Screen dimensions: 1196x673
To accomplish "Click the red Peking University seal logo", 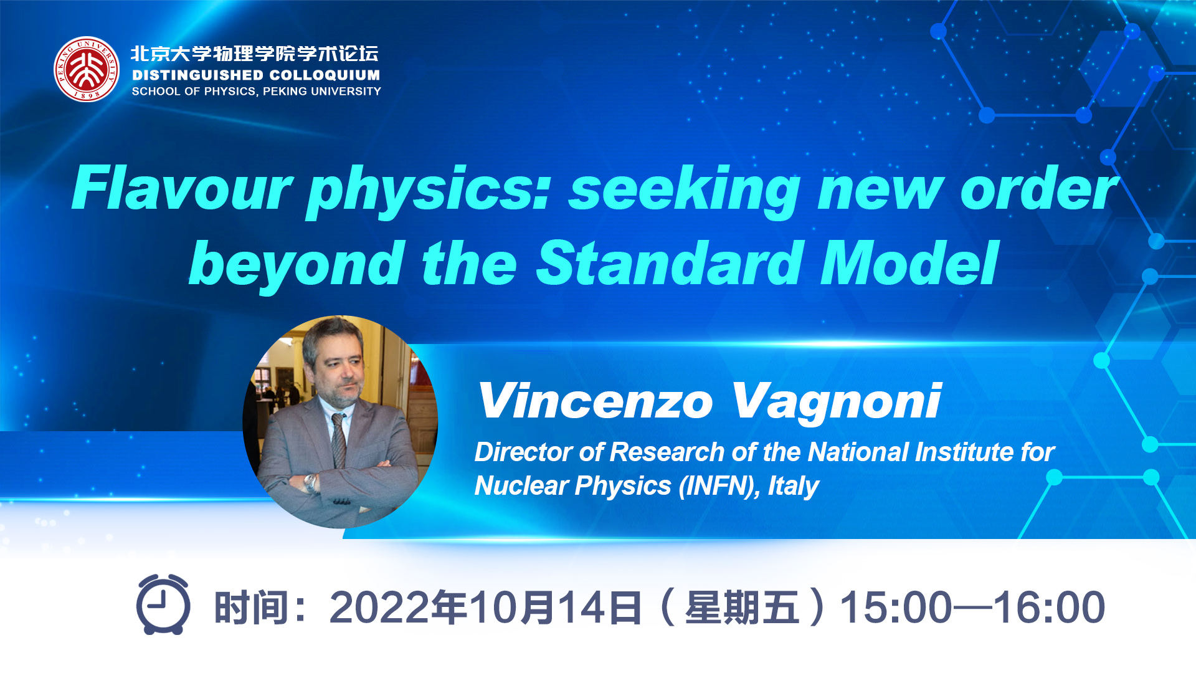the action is coord(87,69).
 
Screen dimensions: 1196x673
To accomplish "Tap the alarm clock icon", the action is coord(163,604).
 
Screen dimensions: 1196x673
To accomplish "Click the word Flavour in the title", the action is coord(182,189).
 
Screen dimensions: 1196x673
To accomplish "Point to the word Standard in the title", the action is coord(670,263).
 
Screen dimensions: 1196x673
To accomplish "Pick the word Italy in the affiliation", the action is coord(793,486).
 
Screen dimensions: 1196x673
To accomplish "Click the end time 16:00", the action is coord(1049,607).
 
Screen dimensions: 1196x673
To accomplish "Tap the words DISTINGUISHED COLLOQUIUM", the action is coord(256,75).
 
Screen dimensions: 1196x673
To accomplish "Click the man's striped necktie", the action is coord(338,439).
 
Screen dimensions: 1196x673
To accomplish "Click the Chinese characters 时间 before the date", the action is coord(251,608).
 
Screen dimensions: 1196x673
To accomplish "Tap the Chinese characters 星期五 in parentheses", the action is coord(742,608).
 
